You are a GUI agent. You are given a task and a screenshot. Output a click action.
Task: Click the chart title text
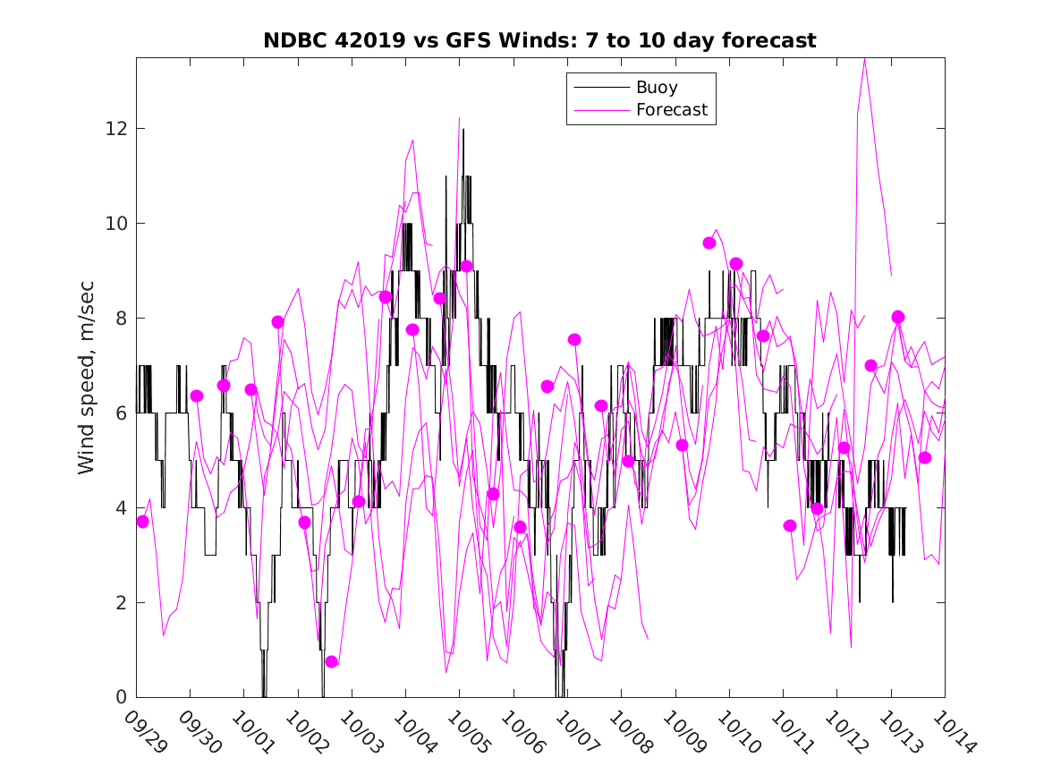[539, 41]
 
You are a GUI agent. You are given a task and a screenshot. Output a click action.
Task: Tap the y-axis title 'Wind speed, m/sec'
[86, 377]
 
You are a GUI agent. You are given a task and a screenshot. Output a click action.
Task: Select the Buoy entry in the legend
[657, 88]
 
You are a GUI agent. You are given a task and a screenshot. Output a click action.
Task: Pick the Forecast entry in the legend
[671, 110]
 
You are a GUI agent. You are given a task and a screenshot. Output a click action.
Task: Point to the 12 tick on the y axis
[115, 129]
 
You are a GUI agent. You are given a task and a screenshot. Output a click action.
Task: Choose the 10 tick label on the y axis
[115, 224]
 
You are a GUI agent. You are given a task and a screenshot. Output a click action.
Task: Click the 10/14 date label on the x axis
[951, 731]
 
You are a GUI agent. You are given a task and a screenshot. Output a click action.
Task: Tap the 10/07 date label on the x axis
[574, 731]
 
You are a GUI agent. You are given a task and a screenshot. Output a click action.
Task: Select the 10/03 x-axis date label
[359, 731]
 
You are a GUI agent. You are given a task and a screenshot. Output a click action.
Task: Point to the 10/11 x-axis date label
[790, 731]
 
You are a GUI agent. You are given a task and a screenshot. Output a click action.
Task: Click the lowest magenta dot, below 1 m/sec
[332, 661]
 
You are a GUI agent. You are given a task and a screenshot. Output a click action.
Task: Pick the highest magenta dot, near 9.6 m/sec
[709, 243]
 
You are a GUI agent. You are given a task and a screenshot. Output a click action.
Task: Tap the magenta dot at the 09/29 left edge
[142, 522]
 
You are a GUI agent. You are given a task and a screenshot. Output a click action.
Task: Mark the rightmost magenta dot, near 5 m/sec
[925, 457]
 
